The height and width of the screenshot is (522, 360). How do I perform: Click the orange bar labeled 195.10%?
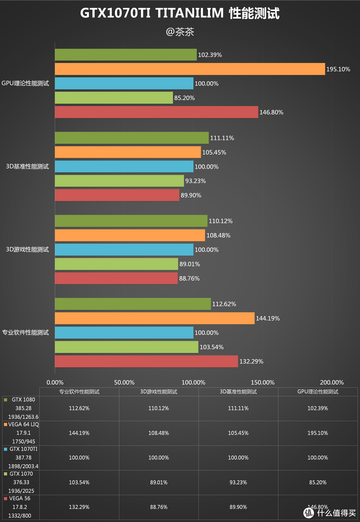pos(190,69)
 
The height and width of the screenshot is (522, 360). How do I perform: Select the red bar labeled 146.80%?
pos(156,112)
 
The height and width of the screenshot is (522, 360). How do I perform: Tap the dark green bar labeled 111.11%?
pos(132,138)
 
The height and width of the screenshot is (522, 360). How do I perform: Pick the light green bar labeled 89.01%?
pos(116,264)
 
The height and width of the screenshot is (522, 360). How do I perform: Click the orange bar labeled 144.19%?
pos(155,318)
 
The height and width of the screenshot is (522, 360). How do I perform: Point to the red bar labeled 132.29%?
pos(146,361)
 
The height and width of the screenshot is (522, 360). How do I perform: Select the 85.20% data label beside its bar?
pos(184,98)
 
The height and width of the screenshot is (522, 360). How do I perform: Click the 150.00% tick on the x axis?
pos(262,382)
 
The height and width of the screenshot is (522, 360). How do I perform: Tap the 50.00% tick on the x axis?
pos(124,382)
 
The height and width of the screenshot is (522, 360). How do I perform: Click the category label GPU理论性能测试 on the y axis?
pos(25,83)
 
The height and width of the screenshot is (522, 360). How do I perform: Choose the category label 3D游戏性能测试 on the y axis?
pos(27,249)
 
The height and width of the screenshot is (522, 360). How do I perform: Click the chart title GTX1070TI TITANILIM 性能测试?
pos(180,13)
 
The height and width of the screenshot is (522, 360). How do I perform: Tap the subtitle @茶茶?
pos(180,32)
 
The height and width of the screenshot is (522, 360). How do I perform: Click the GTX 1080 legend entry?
pos(23,400)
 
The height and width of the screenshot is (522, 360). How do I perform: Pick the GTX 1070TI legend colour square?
pos(5,449)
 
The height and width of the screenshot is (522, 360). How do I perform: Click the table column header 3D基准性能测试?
pos(238,392)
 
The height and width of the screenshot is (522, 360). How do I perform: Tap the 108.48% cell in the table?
pos(159,433)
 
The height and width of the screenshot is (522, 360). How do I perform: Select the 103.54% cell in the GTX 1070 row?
pos(79,482)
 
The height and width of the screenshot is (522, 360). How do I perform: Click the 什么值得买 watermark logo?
pos(330,513)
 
